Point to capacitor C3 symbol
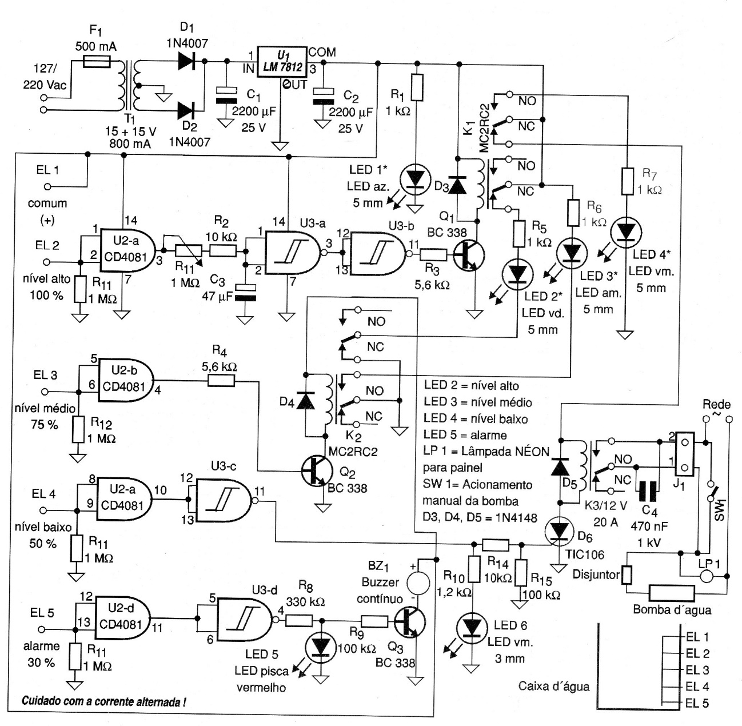(x=245, y=293)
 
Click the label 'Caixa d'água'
(x=553, y=686)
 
